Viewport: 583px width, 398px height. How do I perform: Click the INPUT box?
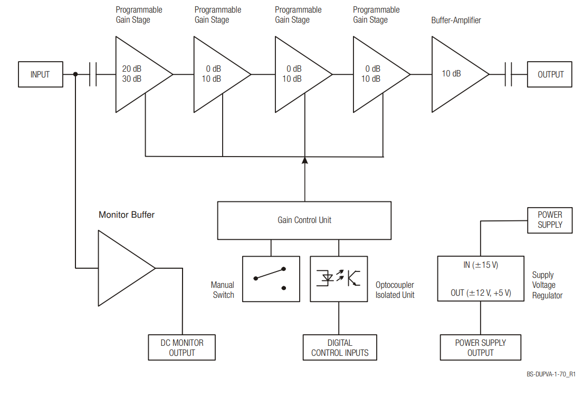(x=40, y=74)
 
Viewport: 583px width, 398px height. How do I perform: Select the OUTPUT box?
(x=550, y=74)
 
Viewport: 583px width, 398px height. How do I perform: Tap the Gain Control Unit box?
(x=304, y=220)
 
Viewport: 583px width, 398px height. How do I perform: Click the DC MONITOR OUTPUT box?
(x=181, y=347)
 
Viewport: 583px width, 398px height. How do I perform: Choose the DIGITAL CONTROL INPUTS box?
(x=340, y=347)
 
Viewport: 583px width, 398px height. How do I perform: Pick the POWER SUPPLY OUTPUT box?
(x=480, y=347)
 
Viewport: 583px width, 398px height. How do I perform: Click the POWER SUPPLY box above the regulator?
(x=550, y=220)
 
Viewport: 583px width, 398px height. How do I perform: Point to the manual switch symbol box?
(x=271, y=279)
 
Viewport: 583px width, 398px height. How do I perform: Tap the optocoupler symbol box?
(x=339, y=279)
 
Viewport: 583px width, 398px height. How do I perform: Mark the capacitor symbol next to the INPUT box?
(x=93, y=74)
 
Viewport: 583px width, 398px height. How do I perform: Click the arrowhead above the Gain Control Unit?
(x=304, y=160)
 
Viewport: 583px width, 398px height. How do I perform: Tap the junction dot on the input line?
(x=76, y=74)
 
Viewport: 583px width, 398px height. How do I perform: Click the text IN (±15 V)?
(x=481, y=265)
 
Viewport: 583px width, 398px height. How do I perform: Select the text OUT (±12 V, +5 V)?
(x=481, y=293)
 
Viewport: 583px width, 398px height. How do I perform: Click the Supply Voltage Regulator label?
(x=547, y=285)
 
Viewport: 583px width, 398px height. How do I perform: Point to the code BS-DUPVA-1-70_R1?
(x=550, y=374)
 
